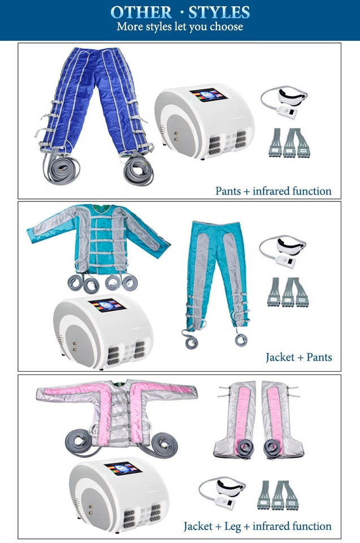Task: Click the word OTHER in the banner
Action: pos(142,12)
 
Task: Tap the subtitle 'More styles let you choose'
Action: pos(180,27)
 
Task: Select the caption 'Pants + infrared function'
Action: pos(273,191)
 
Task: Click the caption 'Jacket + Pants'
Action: pos(298,357)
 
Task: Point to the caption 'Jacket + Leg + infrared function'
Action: pos(257,526)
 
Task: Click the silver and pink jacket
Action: pos(116,407)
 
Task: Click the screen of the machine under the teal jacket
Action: pos(107,305)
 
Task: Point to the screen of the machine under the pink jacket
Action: pos(122,468)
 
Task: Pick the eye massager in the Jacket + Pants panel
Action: pos(283,249)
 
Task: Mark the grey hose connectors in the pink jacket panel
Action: pos(277,495)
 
